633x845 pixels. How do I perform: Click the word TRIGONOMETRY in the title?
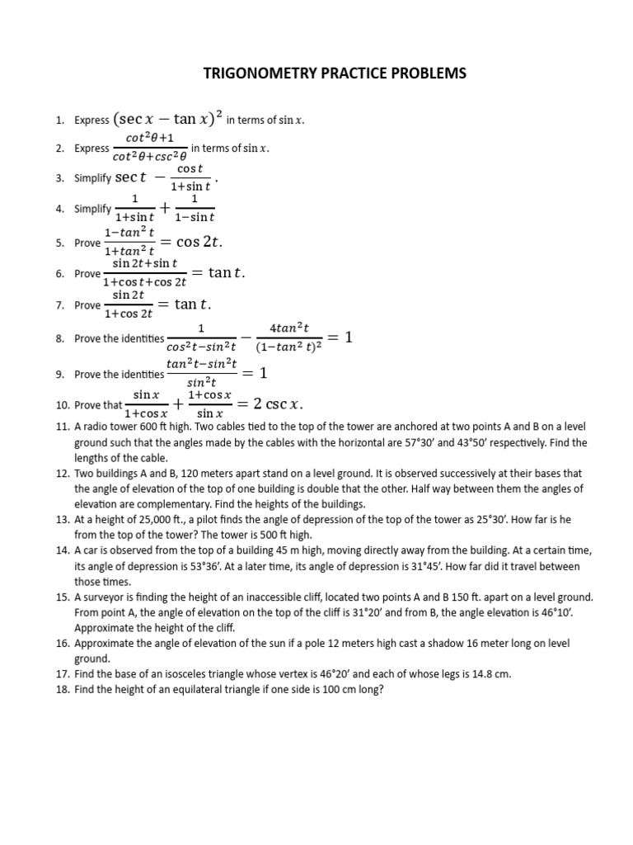tap(255, 73)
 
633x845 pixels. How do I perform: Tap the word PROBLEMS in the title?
tap(425, 73)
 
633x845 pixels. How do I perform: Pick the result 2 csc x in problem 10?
tap(278, 404)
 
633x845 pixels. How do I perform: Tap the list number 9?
tap(60, 374)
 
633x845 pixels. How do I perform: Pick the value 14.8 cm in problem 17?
tap(490, 673)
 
